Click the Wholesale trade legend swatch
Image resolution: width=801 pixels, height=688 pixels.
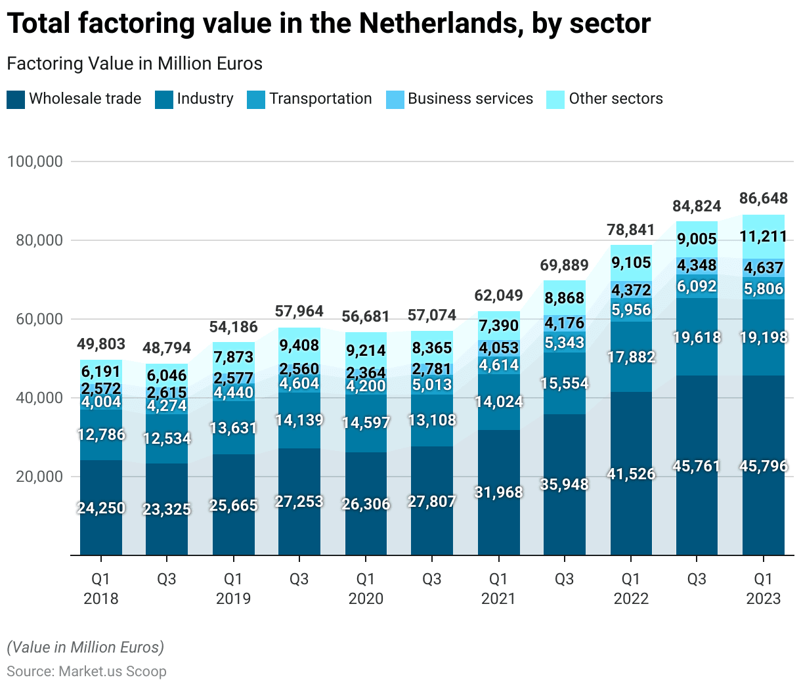pos(16,99)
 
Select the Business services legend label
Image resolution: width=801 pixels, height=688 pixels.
pos(470,98)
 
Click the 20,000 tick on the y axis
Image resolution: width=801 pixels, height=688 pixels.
pos(39,477)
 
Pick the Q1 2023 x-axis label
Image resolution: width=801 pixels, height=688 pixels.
pos(763,588)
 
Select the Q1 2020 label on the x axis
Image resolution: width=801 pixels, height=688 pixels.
pos(366,588)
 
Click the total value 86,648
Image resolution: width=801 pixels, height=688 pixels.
pos(763,198)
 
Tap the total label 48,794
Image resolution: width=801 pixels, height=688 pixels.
pos(167,348)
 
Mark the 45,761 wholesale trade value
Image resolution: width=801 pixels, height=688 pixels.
pos(697,466)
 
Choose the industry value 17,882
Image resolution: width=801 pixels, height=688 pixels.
pos(631,357)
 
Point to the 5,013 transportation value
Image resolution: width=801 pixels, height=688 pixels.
pos(432,385)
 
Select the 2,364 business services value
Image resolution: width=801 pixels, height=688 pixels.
pos(366,373)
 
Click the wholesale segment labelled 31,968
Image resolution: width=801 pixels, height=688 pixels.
pos(498,492)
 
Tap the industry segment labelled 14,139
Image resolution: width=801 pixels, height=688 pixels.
pos(299,420)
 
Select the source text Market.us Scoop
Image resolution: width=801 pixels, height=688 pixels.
pos(112,672)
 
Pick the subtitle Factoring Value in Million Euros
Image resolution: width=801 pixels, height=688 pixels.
pos(135,64)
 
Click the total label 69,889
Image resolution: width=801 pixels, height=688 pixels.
pos(565,265)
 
